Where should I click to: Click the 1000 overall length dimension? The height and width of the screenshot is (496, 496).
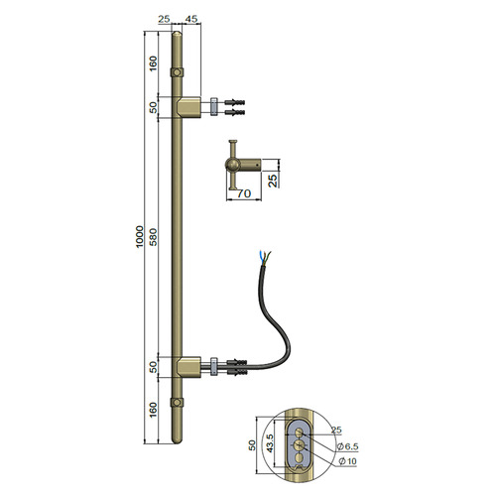[x=140, y=236]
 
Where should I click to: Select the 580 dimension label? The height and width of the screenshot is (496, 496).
[x=154, y=236]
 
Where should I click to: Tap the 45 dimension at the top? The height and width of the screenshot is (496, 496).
[x=191, y=19]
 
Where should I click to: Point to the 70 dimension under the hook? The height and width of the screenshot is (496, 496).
[x=244, y=193]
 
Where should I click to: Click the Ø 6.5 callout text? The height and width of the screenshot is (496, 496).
[x=347, y=446]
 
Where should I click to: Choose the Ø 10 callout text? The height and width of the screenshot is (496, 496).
[x=347, y=460]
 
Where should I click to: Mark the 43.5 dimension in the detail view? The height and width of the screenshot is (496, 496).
[x=270, y=443]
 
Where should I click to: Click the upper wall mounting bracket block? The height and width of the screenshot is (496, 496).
[x=188, y=107]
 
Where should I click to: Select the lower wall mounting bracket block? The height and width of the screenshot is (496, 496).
[x=188, y=367]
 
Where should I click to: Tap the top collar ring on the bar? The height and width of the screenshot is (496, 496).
[x=178, y=72]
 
